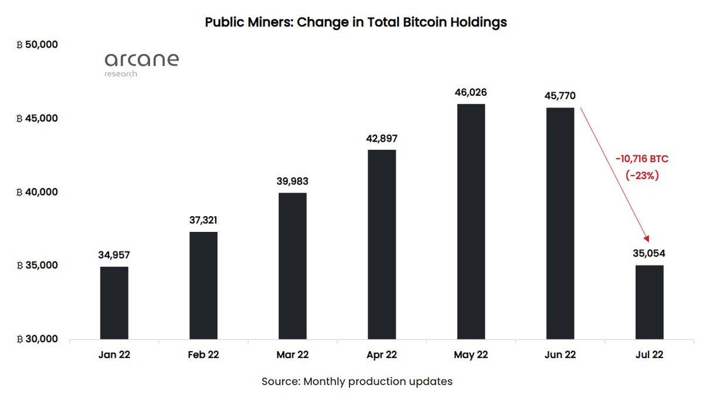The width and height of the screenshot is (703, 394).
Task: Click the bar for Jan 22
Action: click(x=114, y=303)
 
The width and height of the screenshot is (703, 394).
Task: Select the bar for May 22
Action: click(x=471, y=221)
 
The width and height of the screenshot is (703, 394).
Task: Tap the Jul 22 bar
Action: click(x=649, y=302)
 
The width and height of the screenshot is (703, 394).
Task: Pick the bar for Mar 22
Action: click(x=293, y=266)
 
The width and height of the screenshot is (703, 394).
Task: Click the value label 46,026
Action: click(x=471, y=93)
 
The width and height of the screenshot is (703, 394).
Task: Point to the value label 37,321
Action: click(x=203, y=220)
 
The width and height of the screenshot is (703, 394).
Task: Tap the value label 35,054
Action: click(x=649, y=254)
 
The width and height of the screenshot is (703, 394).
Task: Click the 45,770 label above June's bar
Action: click(x=560, y=96)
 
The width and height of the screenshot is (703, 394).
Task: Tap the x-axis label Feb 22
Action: click(x=203, y=355)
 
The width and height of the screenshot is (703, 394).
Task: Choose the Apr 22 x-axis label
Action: click(x=382, y=355)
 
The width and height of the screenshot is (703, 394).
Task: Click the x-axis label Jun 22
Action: click(x=560, y=355)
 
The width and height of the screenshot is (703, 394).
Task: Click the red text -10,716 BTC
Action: click(x=641, y=159)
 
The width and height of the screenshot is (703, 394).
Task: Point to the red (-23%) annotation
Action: click(x=642, y=174)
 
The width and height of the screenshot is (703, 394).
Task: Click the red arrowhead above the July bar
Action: click(x=647, y=238)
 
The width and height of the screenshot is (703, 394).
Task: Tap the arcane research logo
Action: click(x=141, y=63)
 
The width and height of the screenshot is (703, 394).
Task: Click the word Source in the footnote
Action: click(x=280, y=381)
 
